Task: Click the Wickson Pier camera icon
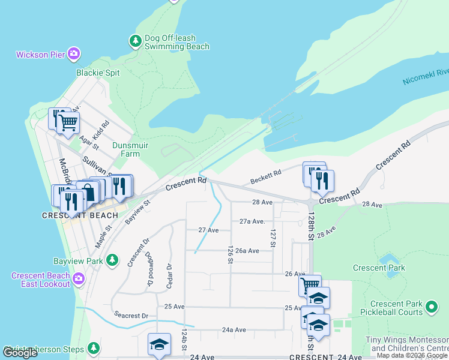click(x=74, y=55)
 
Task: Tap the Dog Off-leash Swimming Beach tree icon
click(x=136, y=41)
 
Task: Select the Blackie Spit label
click(x=98, y=73)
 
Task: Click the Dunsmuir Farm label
click(x=130, y=149)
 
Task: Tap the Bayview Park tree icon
click(x=112, y=259)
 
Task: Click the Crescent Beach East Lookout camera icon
click(x=78, y=278)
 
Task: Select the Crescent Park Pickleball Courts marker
click(x=431, y=308)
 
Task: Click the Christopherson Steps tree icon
click(x=93, y=347)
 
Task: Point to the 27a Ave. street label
click(x=252, y=221)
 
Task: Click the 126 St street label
click(x=230, y=254)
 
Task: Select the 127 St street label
click(x=273, y=238)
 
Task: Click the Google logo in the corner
click(x=20, y=353)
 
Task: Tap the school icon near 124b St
click(x=159, y=344)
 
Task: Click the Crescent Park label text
click(x=379, y=268)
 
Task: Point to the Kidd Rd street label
click(x=101, y=129)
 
